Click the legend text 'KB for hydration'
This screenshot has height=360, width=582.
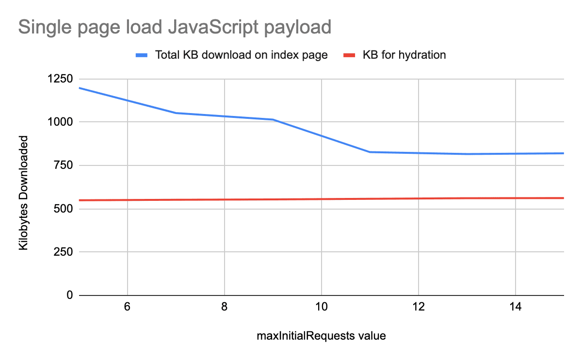[404, 55]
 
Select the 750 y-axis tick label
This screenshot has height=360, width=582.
[63, 165]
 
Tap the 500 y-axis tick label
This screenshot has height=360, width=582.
[63, 209]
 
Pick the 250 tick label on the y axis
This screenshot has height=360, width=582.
[63, 252]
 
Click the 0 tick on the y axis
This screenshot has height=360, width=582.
[69, 295]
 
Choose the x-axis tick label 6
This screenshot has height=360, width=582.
[127, 308]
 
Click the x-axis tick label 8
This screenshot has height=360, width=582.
[224, 308]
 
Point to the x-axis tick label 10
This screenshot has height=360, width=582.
[321, 308]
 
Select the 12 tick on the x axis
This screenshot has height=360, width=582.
[418, 308]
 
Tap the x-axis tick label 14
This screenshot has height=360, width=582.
[515, 308]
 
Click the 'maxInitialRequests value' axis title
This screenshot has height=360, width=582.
[321, 336]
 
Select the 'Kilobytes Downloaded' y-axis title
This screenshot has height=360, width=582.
[23, 193]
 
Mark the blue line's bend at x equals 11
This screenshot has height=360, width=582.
[370, 152]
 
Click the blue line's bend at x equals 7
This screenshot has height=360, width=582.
[176, 113]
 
